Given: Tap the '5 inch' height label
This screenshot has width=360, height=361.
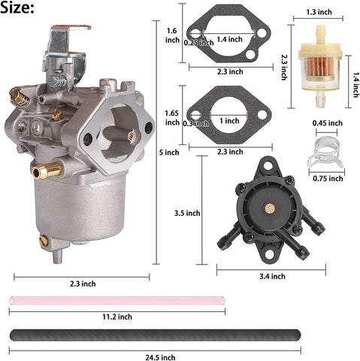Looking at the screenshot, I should (171, 152).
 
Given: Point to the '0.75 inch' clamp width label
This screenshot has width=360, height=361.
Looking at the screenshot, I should (326, 178).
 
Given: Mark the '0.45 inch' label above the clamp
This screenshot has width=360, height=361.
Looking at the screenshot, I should (326, 123).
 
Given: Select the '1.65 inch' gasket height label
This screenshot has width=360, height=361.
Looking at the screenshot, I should (172, 117).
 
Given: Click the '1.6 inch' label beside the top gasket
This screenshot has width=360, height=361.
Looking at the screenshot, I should (171, 36).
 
